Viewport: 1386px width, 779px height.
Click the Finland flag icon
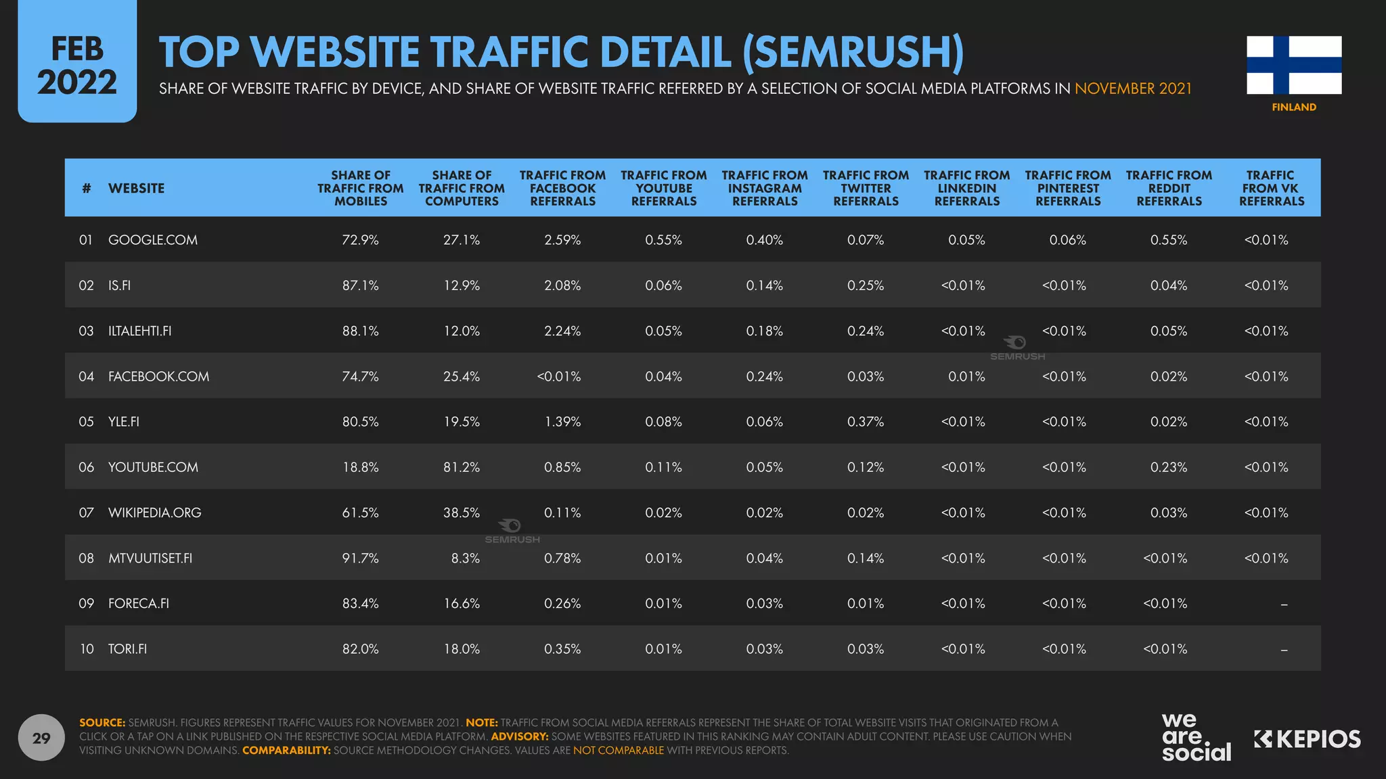point(1293,65)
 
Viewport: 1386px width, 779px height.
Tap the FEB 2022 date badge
point(77,66)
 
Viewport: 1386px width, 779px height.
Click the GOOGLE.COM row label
point(153,240)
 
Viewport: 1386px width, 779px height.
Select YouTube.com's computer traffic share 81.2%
point(462,467)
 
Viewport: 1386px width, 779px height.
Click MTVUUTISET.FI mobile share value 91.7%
point(360,559)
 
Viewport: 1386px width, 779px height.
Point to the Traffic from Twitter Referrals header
point(866,188)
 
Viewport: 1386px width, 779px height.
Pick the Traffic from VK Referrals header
point(1270,188)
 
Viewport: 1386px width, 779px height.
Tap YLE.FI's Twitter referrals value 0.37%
point(866,422)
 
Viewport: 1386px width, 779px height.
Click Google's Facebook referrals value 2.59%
point(562,240)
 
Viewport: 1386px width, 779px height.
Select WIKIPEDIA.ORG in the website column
point(155,513)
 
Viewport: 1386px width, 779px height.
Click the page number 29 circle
point(41,738)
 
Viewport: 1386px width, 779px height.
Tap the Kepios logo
point(1307,739)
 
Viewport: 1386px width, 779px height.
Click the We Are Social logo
point(1196,737)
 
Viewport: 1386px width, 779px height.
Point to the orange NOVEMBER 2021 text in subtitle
point(1133,89)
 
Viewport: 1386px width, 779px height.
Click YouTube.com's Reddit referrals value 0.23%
point(1169,467)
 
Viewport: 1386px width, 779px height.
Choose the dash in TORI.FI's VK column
point(1284,650)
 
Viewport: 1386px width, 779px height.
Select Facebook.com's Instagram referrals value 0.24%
point(764,377)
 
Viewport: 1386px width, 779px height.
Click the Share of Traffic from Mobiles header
point(360,188)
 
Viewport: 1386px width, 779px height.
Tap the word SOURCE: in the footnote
point(102,723)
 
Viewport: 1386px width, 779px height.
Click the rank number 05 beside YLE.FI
point(86,422)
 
